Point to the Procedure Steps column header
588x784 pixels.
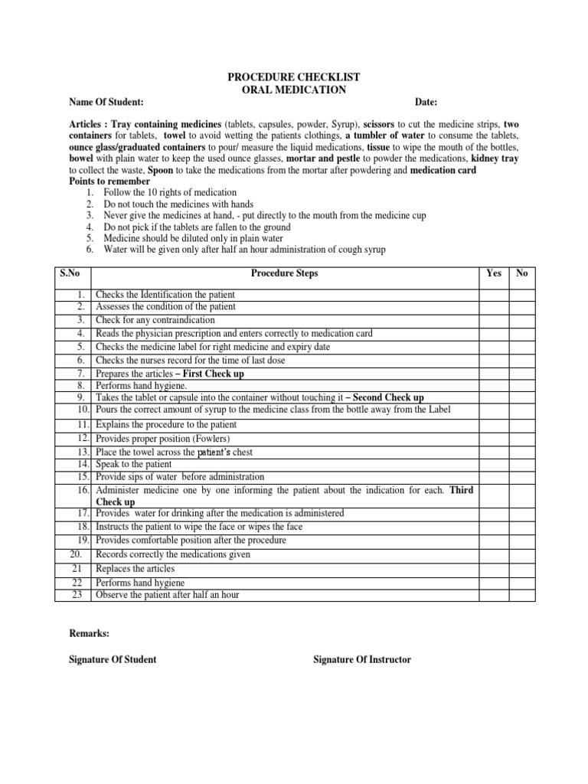pyautogui.click(x=284, y=273)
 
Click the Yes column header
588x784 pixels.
pyautogui.click(x=494, y=273)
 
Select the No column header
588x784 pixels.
pyautogui.click(x=522, y=273)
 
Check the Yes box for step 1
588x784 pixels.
pyautogui.click(x=494, y=295)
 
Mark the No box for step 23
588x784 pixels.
pyautogui.click(x=522, y=594)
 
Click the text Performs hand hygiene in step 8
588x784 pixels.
pyautogui.click(x=141, y=386)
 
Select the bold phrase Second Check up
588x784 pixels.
pyautogui.click(x=388, y=398)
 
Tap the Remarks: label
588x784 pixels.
pyautogui.click(x=89, y=634)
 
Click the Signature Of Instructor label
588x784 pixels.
pyautogui.click(x=362, y=660)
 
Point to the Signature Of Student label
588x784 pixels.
pyautogui.click(x=113, y=660)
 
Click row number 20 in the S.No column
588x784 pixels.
pyautogui.click(x=79, y=554)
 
